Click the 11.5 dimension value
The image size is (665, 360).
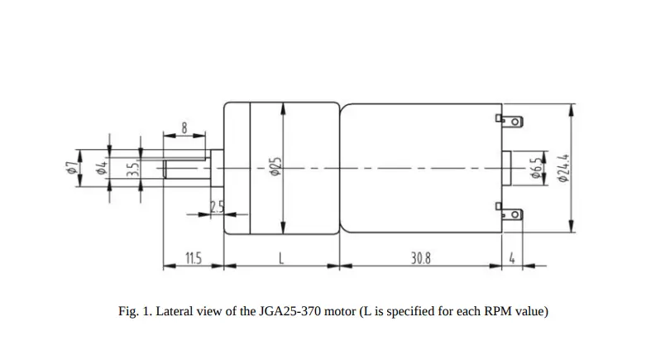[x=192, y=258]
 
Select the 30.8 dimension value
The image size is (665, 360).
[x=421, y=258]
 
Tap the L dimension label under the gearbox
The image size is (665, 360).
[x=281, y=258]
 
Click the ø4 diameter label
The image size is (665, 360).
[x=101, y=169]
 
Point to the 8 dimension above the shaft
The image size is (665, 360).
[x=184, y=129]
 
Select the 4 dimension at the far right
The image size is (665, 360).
[x=513, y=258]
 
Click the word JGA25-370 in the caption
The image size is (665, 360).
[x=279, y=312]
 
